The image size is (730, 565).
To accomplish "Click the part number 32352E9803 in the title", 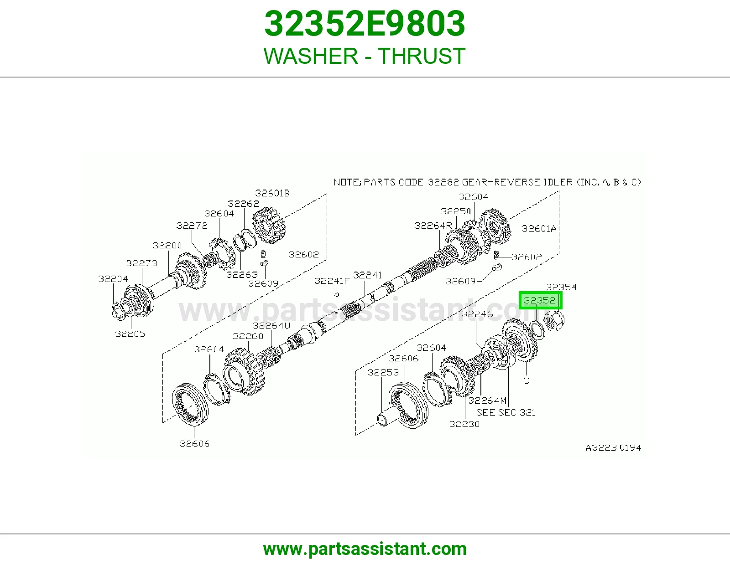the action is point(365,24).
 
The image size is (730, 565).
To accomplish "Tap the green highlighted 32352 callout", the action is point(540,300).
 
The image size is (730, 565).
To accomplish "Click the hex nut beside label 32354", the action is point(554,320).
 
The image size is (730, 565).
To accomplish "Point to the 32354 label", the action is point(561,287).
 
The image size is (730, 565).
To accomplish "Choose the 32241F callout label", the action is point(332,281).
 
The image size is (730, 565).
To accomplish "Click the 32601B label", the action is point(272,193).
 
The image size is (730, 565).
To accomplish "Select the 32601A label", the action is point(539,229).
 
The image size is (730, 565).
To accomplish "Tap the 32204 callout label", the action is point(113,279).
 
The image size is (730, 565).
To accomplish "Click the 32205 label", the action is point(130,334).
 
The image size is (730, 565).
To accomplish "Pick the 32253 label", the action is point(383,372).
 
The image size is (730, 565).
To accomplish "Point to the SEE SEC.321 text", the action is point(506,412).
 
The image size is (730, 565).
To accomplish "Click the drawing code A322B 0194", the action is point(614,447).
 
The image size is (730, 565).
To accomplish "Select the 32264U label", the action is point(271,325).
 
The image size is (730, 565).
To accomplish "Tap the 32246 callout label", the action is point(477,313).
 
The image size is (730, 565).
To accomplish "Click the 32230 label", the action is point(464,424).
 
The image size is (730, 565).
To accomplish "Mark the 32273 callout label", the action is point(142,263).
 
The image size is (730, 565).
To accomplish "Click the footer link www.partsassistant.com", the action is point(365,549).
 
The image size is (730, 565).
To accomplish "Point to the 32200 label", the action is point(167,245).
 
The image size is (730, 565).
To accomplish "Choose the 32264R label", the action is point(433,226).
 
